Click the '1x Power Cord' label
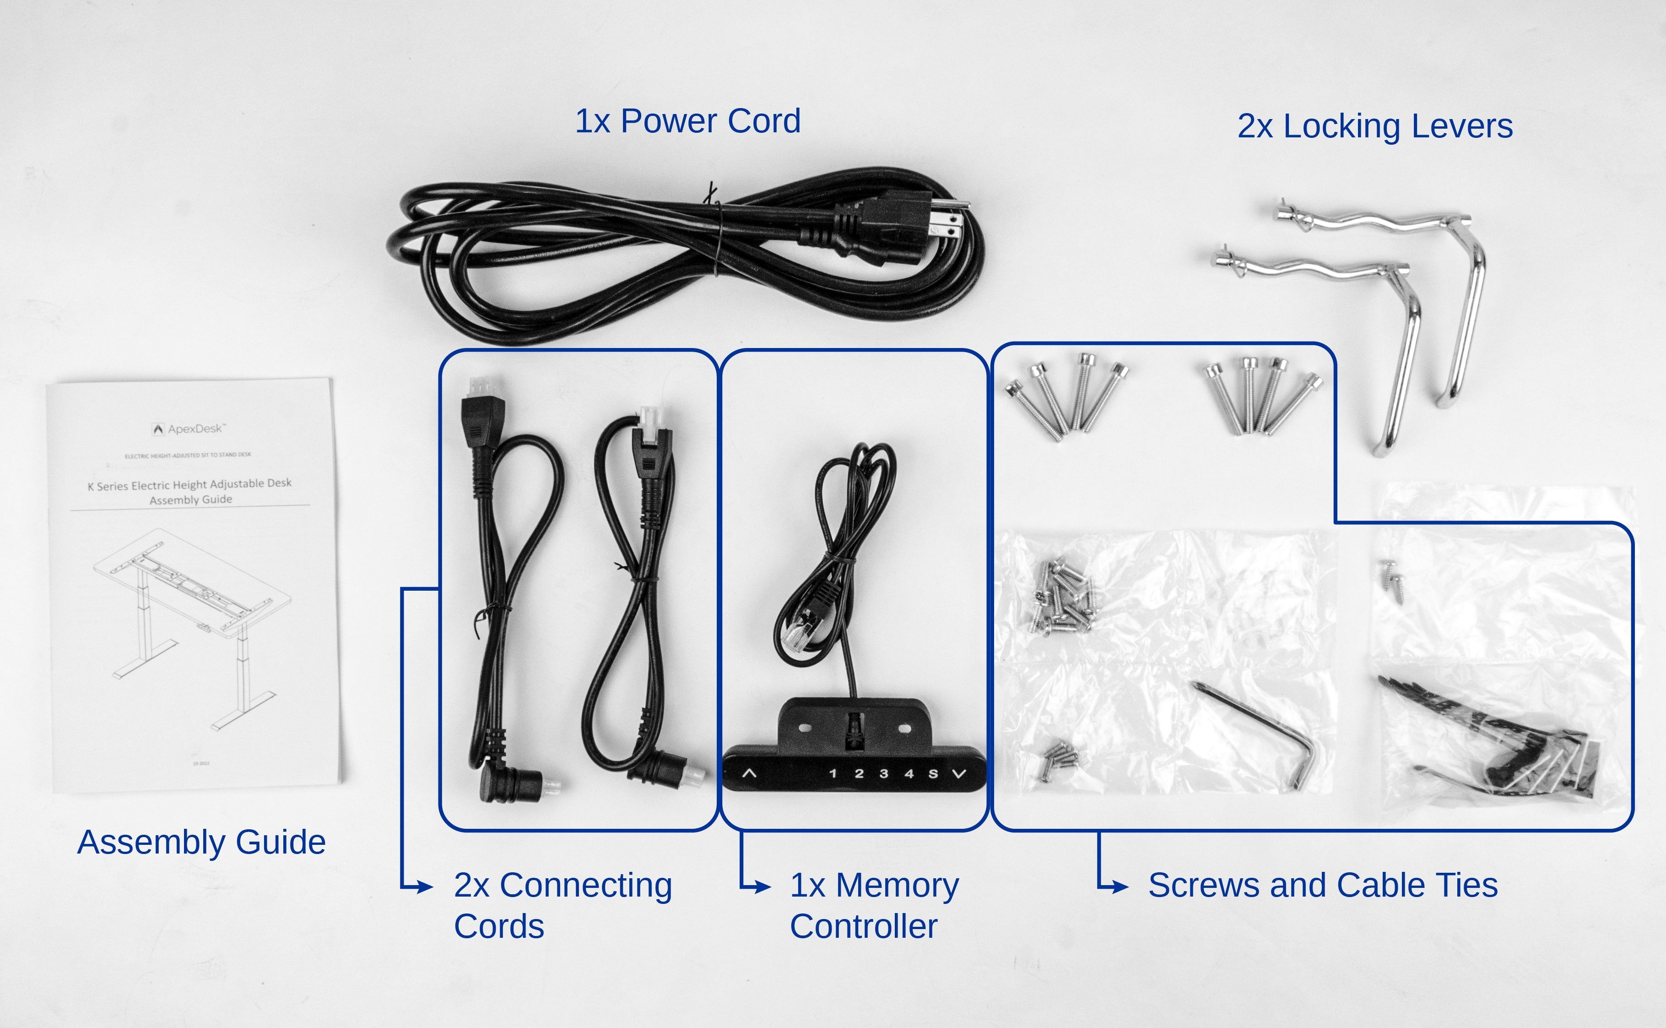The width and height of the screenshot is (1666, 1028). click(687, 121)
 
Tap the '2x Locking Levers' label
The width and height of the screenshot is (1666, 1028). click(1374, 126)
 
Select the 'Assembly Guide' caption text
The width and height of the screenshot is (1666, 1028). click(201, 842)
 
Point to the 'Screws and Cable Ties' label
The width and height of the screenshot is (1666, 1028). click(1322, 885)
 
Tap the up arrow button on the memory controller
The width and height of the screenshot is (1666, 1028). click(749, 774)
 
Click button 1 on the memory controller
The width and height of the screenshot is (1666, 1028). click(833, 774)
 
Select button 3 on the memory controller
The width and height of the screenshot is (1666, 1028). click(883, 774)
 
